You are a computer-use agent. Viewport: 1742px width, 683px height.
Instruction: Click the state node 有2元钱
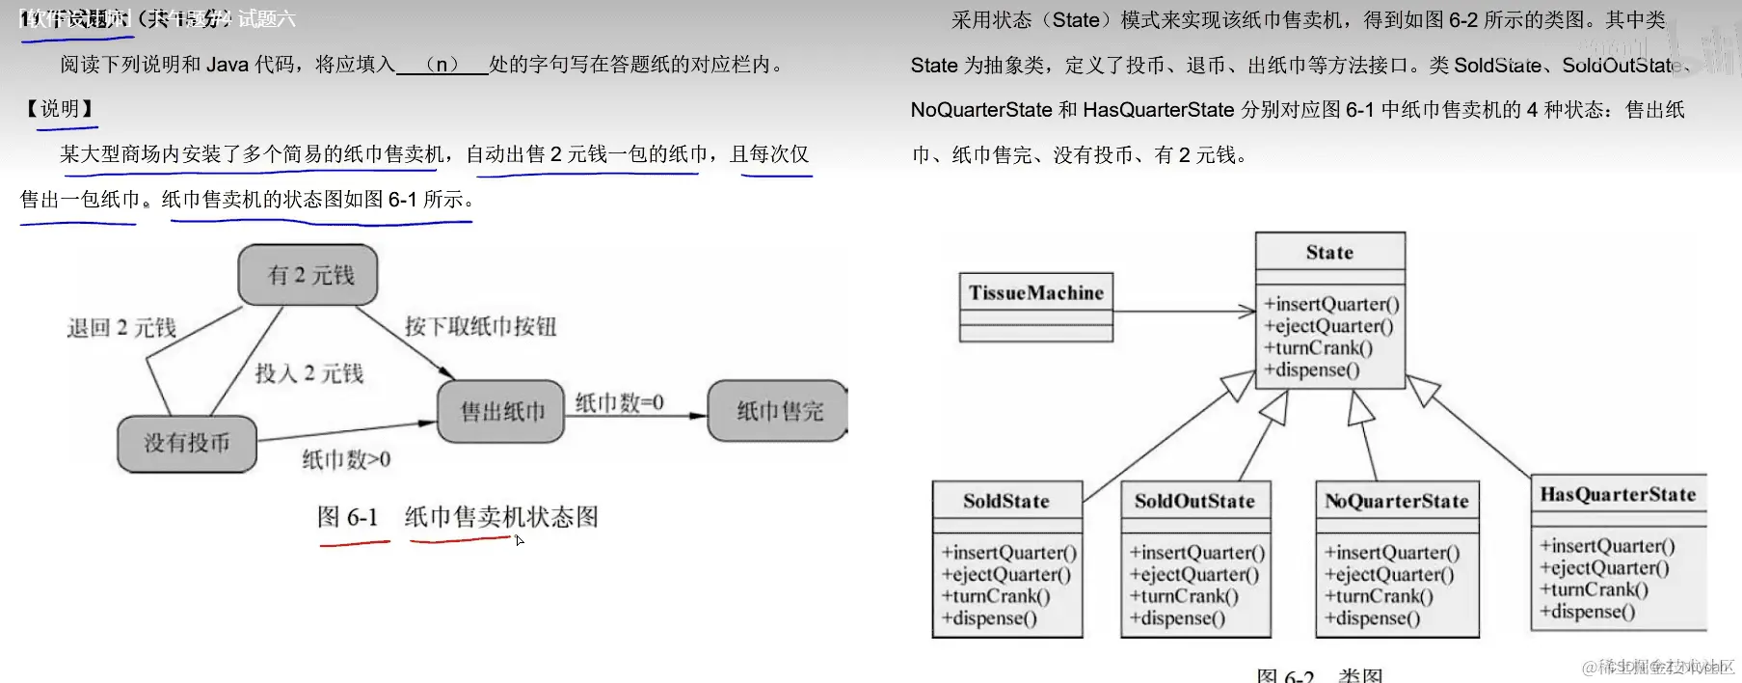pyautogui.click(x=308, y=275)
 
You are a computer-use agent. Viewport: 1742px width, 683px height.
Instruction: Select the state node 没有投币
pyautogui.click(x=187, y=444)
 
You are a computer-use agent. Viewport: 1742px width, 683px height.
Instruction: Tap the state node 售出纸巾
pyautogui.click(x=501, y=412)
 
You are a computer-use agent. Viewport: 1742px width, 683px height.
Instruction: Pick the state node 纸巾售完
pyautogui.click(x=778, y=412)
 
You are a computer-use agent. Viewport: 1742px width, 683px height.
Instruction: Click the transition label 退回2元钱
pyautogui.click(x=121, y=328)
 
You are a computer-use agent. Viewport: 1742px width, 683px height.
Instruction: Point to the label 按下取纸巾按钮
pyautogui.click(x=480, y=326)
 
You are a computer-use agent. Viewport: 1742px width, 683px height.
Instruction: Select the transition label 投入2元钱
pyautogui.click(x=308, y=373)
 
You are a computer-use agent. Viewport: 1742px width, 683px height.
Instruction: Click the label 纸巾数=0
pyautogui.click(x=619, y=402)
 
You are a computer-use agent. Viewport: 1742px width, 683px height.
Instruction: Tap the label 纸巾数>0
pyautogui.click(x=346, y=459)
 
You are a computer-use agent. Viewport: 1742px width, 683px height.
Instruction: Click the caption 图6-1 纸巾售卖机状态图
pyautogui.click(x=458, y=517)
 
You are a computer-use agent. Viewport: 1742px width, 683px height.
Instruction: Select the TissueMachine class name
pyautogui.click(x=1036, y=292)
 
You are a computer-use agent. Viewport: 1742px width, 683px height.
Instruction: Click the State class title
pyautogui.click(x=1329, y=253)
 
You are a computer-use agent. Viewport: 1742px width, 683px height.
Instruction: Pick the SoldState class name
pyautogui.click(x=1005, y=501)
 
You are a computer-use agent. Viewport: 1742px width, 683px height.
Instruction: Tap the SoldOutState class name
pyautogui.click(x=1194, y=501)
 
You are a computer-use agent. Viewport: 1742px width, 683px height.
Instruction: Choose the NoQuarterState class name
pyautogui.click(x=1396, y=501)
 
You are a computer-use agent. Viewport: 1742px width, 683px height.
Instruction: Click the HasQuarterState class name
pyautogui.click(x=1618, y=494)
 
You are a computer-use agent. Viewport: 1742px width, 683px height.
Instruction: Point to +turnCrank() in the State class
pyautogui.click(x=1318, y=348)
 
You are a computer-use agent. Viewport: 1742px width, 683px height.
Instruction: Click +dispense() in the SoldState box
pyautogui.click(x=989, y=618)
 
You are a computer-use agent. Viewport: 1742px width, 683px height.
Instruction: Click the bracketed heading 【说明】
pyautogui.click(x=60, y=108)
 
